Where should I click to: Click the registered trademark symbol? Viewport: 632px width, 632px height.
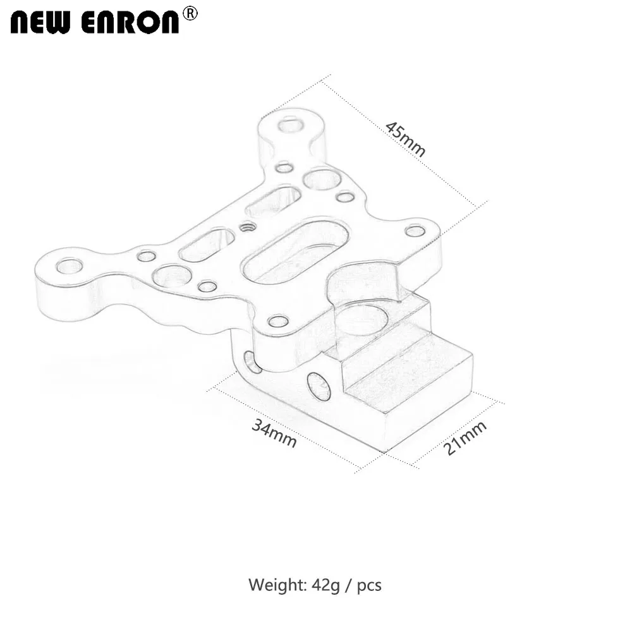190,13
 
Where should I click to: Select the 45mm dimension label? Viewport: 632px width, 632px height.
406,138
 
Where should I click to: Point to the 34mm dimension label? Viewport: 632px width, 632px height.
274,433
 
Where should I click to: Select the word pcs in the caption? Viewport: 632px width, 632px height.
369,585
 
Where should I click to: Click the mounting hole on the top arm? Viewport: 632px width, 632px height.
290,124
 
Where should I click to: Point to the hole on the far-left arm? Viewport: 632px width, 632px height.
69,266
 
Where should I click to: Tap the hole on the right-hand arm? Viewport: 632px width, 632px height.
415,231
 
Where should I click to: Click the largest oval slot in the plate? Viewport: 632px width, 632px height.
296,250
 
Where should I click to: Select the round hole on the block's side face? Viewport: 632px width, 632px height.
319,386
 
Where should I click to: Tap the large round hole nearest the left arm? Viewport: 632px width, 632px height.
172,276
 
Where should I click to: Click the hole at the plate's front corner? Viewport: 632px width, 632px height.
278,321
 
